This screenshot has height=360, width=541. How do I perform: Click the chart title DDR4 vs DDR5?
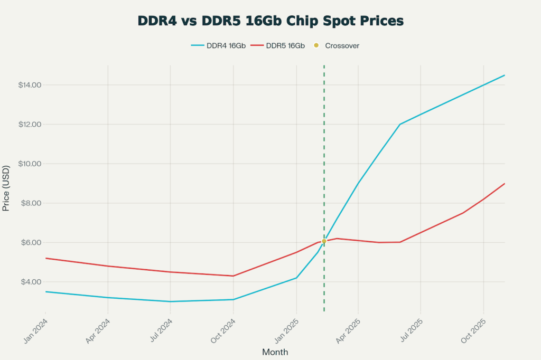coord(270,21)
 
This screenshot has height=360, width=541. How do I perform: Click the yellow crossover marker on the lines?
coord(324,241)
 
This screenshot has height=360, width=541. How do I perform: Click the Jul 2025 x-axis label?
coord(411,330)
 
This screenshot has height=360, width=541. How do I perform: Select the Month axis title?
coord(275,352)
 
